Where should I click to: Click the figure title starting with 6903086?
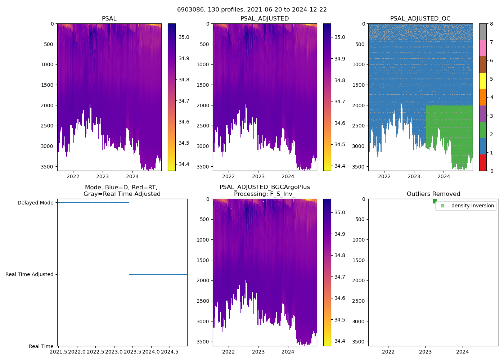coord(252,10)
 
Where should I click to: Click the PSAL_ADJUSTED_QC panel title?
coord(420,19)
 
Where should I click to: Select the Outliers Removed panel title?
coord(433,194)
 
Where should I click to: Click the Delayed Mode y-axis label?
coord(35,203)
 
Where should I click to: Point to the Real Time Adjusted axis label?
coord(29,274)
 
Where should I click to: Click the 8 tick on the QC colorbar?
coord(491,24)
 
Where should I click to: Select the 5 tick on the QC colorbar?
coord(491,79)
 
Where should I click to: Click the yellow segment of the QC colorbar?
coord(483,81)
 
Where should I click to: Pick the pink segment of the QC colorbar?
coord(483,48)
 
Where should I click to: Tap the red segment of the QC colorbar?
coord(483,162)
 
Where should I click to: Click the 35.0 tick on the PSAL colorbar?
coord(184,37)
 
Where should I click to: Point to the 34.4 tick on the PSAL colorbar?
coord(184,164)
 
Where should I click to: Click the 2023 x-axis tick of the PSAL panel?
coord(103,176)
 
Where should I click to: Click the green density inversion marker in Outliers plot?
coord(435,201)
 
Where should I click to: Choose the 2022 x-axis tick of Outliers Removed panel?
coord(388,352)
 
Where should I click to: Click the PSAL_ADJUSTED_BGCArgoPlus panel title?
coord(265,190)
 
